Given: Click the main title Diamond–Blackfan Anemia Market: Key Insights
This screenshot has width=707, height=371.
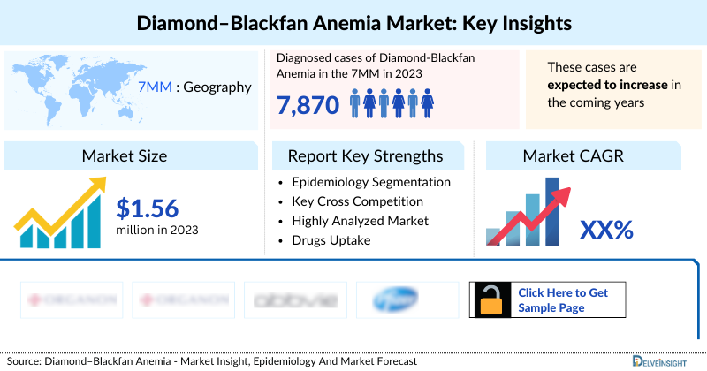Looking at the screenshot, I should (x=353, y=21).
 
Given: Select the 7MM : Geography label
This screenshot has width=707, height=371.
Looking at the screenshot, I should (x=194, y=87).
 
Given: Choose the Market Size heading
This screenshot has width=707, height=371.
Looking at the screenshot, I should (x=125, y=156).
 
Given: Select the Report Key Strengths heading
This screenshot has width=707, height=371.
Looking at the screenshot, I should (x=365, y=156).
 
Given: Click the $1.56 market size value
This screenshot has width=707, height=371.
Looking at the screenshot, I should (x=148, y=208).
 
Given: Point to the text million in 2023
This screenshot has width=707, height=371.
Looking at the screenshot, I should (x=157, y=230).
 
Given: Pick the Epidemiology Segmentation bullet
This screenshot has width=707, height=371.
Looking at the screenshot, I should (x=370, y=182).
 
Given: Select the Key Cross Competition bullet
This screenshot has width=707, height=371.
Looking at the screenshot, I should (x=358, y=201).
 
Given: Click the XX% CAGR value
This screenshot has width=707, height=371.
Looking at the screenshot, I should (x=606, y=230).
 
